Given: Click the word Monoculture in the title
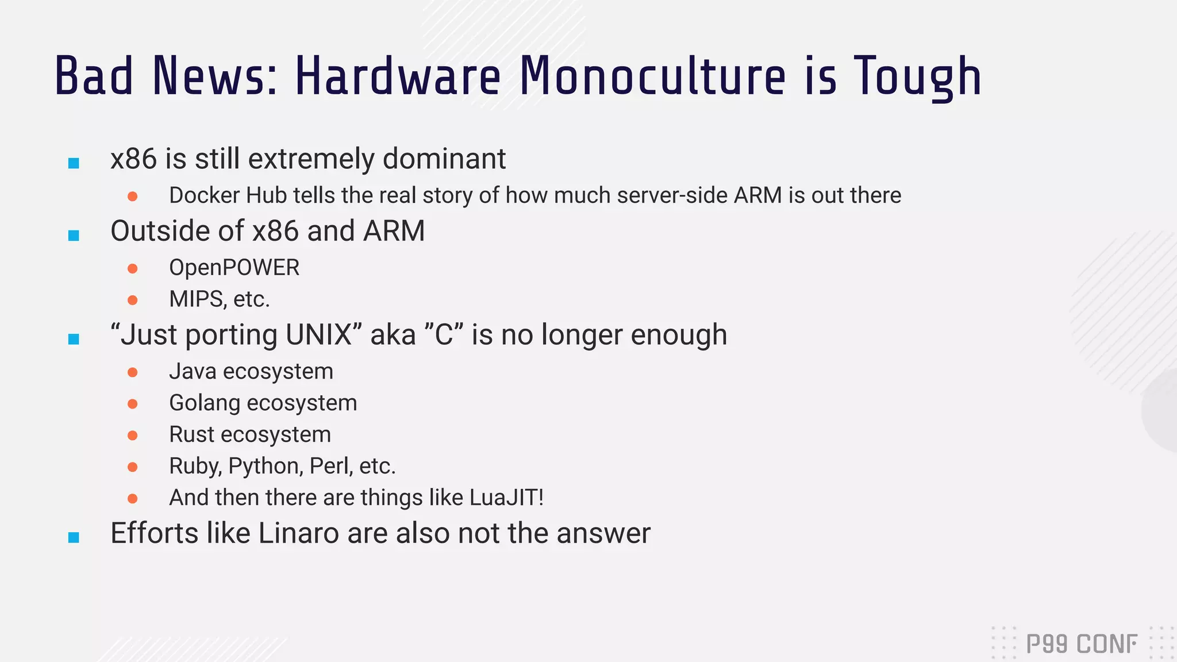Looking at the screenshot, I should pyautogui.click(x=652, y=76).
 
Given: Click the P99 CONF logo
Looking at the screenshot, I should pyautogui.click(x=1081, y=644).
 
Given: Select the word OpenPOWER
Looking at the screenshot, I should pyautogui.click(x=234, y=268).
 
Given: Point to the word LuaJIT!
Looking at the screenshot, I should pyautogui.click(x=506, y=498).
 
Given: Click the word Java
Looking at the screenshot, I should pyautogui.click(x=193, y=372).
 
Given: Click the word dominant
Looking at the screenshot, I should pyautogui.click(x=444, y=159).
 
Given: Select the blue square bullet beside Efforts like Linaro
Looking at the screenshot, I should pyautogui.click(x=74, y=537).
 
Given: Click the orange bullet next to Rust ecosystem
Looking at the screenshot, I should pyautogui.click(x=133, y=436).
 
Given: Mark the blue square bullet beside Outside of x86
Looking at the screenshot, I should pyautogui.click(x=74, y=235).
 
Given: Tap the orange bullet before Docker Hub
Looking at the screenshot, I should pyautogui.click(x=133, y=197).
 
